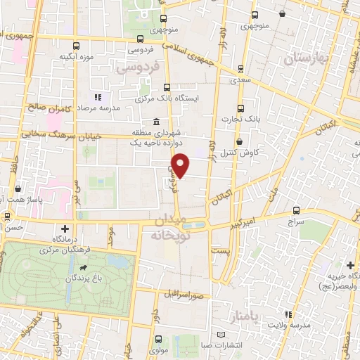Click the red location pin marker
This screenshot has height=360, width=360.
[x=181, y=166]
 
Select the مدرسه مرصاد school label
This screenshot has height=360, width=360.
[x=115, y=108]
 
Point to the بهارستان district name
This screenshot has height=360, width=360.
[x=307, y=59]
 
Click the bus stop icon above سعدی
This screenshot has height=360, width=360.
[x=241, y=69]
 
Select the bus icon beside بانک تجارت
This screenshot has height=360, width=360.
[x=241, y=108]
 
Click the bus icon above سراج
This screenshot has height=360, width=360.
[x=296, y=210]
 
